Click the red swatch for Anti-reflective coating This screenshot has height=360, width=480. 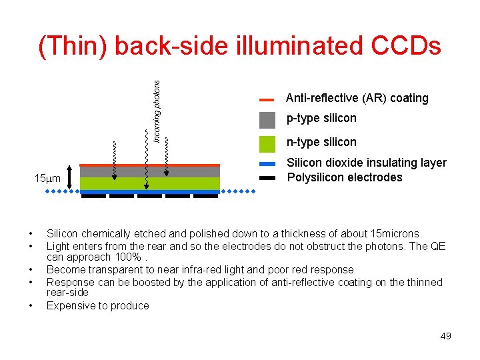267,99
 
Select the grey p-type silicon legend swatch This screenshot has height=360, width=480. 267,120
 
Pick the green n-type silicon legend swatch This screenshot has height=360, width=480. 267,143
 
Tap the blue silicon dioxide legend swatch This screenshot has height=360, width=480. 267,164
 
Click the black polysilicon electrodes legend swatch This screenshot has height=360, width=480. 267,178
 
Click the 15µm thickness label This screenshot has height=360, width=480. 47,179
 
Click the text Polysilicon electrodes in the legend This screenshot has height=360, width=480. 345,177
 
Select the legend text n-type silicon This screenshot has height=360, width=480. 321,142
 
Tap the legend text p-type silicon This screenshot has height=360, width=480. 321,119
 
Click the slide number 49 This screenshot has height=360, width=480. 446,336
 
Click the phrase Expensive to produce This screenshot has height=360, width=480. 98,306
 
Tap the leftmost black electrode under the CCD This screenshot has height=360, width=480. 93,196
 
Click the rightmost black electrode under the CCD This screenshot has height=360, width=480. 205,196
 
